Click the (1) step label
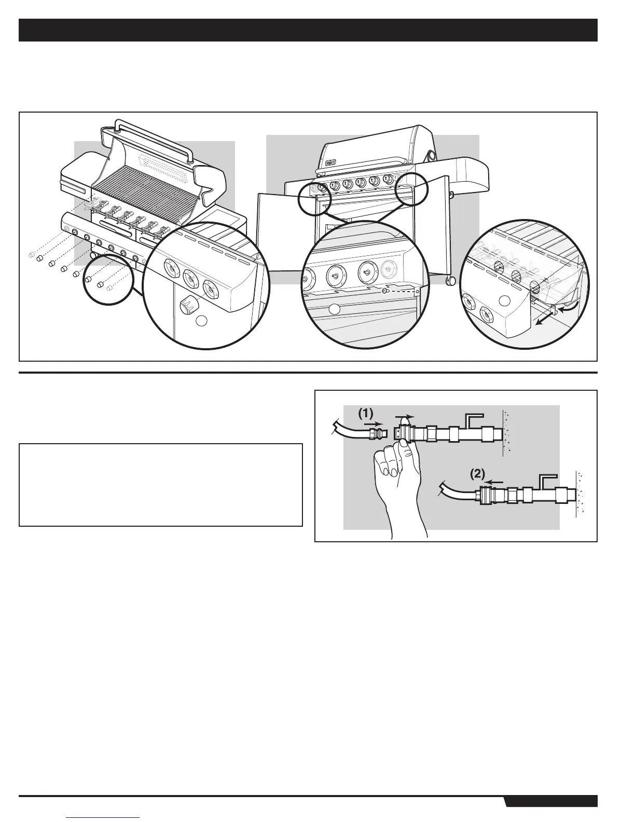(366, 414)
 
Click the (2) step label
(477, 473)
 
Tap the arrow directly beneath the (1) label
(375, 424)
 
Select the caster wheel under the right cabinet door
(450, 281)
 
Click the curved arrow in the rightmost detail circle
(570, 309)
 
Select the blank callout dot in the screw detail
(335, 310)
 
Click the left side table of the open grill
(75, 171)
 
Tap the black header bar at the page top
(308, 30)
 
